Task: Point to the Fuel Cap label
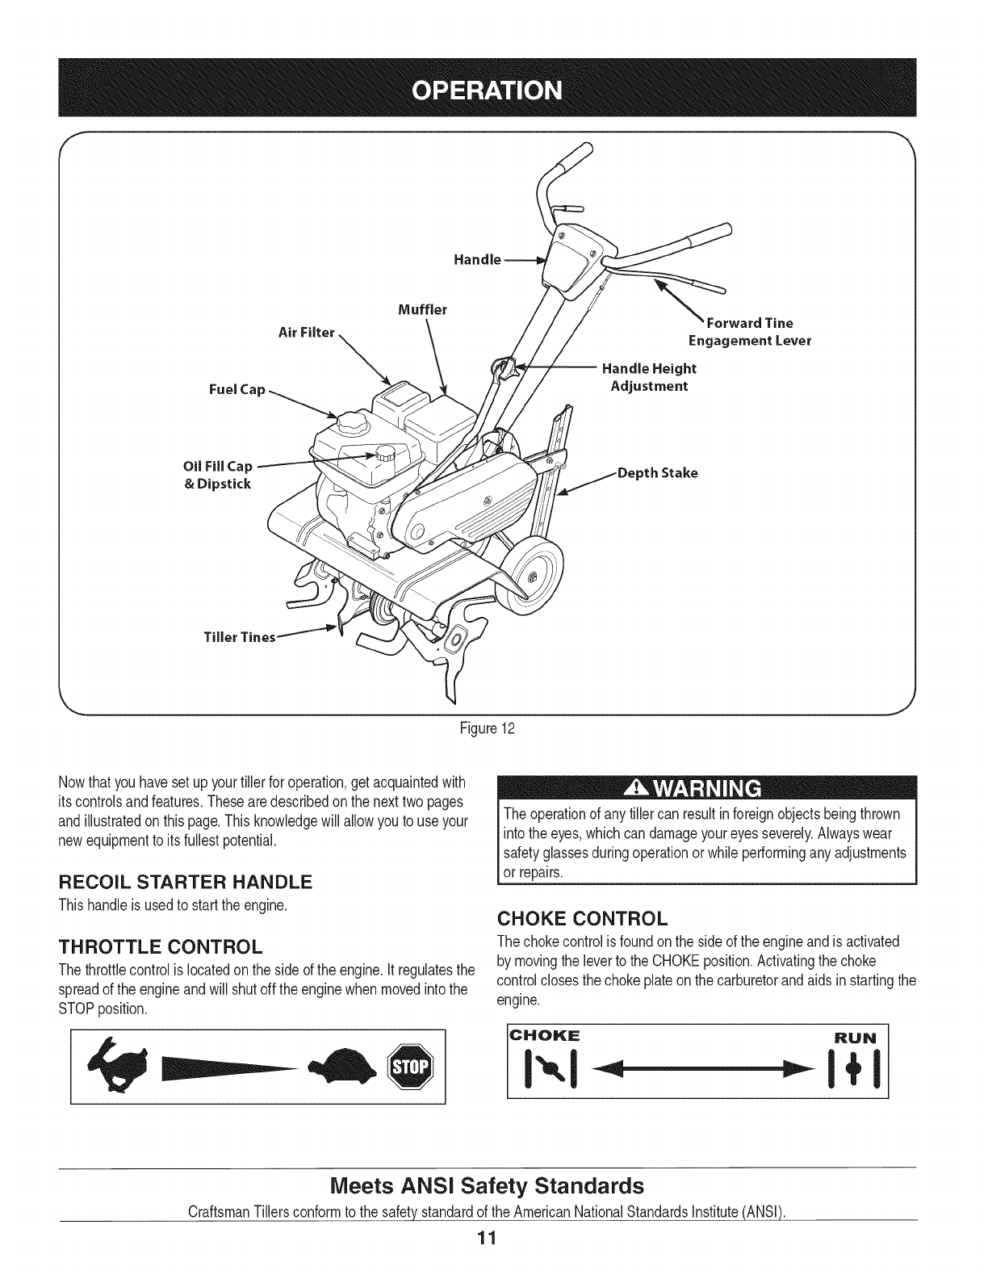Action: coord(237,389)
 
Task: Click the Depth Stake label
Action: coord(657,472)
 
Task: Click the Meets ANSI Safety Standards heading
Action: coord(488,1186)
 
